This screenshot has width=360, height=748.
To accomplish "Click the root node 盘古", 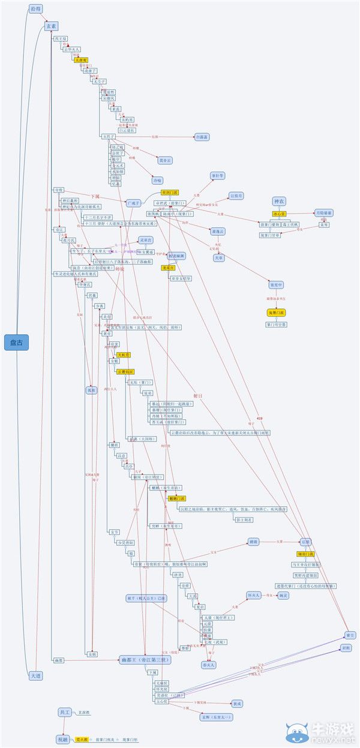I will [x=17, y=343].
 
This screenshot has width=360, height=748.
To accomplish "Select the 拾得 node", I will [x=37, y=9].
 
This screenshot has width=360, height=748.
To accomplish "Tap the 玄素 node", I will [x=51, y=26].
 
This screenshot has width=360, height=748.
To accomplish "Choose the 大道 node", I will [x=35, y=675].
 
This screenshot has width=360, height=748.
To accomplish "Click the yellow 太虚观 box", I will [x=81, y=60].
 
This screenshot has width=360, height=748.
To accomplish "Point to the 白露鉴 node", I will [x=203, y=137].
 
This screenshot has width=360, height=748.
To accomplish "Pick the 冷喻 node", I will [x=157, y=180].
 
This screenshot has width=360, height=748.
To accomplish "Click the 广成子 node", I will [x=133, y=203].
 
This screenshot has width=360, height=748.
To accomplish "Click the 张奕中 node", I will [x=276, y=285].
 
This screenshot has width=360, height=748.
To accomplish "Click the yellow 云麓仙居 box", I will [x=125, y=372].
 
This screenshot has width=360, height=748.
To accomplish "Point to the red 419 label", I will [x=259, y=417].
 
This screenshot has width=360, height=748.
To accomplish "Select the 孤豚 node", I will [x=91, y=390].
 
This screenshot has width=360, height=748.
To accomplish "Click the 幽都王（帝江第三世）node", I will [x=146, y=660].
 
